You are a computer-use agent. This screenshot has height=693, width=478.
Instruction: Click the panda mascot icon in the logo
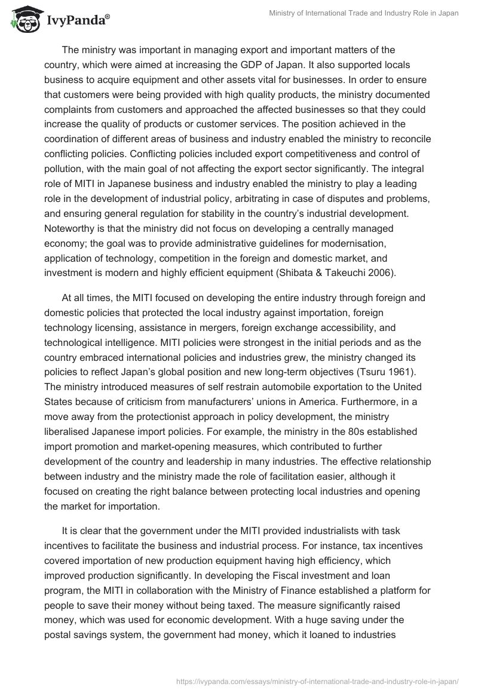[23, 20]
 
